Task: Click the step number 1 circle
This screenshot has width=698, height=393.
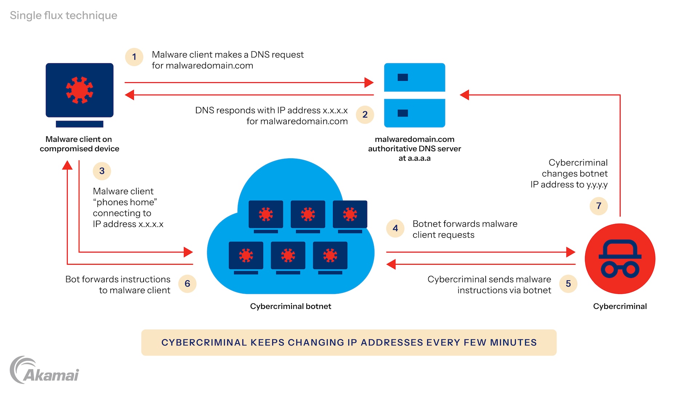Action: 134,57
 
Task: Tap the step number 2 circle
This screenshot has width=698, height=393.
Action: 365,115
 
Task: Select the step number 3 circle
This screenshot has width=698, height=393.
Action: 102,171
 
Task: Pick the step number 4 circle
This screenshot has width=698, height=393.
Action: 395,228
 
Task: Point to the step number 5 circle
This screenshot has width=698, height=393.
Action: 568,283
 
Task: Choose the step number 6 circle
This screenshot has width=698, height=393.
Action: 187,283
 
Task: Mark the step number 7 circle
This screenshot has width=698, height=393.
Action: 598,206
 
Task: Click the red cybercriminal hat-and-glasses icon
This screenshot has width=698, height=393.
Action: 620,259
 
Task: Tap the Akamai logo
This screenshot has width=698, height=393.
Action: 44,370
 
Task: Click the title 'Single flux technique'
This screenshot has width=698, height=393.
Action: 64,15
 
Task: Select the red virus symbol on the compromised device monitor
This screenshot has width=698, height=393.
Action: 79,90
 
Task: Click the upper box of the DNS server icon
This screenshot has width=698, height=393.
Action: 414,77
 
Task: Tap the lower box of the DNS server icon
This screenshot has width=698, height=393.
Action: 414,113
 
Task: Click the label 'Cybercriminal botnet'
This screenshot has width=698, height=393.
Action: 290,306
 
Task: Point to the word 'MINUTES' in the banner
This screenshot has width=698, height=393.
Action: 513,342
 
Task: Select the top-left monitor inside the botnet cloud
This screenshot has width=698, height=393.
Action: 266,215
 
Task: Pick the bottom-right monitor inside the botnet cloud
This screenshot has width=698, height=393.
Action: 330,256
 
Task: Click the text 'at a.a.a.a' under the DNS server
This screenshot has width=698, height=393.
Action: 414,158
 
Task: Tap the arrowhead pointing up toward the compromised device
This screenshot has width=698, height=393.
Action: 67,166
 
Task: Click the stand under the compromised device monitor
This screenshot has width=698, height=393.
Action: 79,124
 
